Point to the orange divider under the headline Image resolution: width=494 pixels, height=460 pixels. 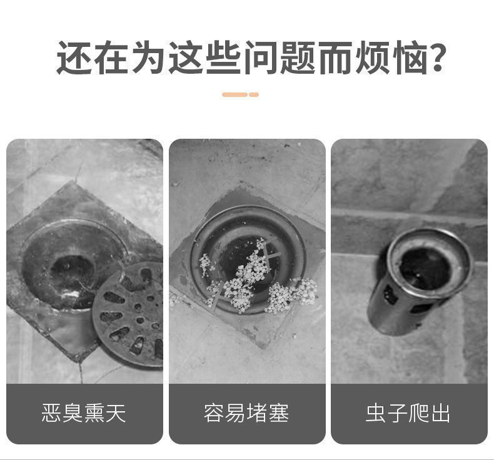click(240, 94)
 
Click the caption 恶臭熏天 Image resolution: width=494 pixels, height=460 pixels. click(84, 414)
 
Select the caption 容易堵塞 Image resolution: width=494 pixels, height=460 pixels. click(246, 414)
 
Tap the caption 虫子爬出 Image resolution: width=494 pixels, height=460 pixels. click(408, 414)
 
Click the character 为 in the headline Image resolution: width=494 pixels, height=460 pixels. click(149, 58)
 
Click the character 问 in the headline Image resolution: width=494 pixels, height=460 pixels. click(261, 58)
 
